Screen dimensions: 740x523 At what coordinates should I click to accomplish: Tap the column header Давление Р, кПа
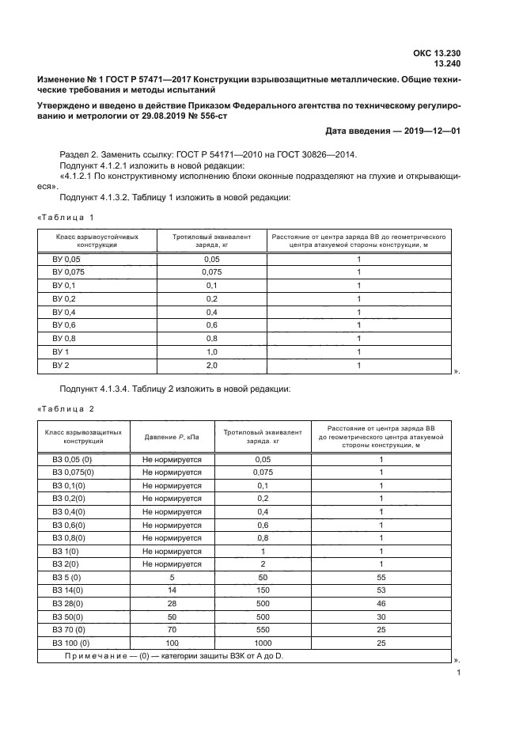(172, 438)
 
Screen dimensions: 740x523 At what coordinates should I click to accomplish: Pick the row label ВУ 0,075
(68, 271)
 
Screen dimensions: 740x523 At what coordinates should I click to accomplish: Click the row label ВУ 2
(61, 365)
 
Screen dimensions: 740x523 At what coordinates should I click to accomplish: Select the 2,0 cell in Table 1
(211, 365)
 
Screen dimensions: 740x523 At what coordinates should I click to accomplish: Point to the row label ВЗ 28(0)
(69, 603)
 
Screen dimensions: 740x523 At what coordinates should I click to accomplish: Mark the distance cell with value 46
(381, 603)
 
